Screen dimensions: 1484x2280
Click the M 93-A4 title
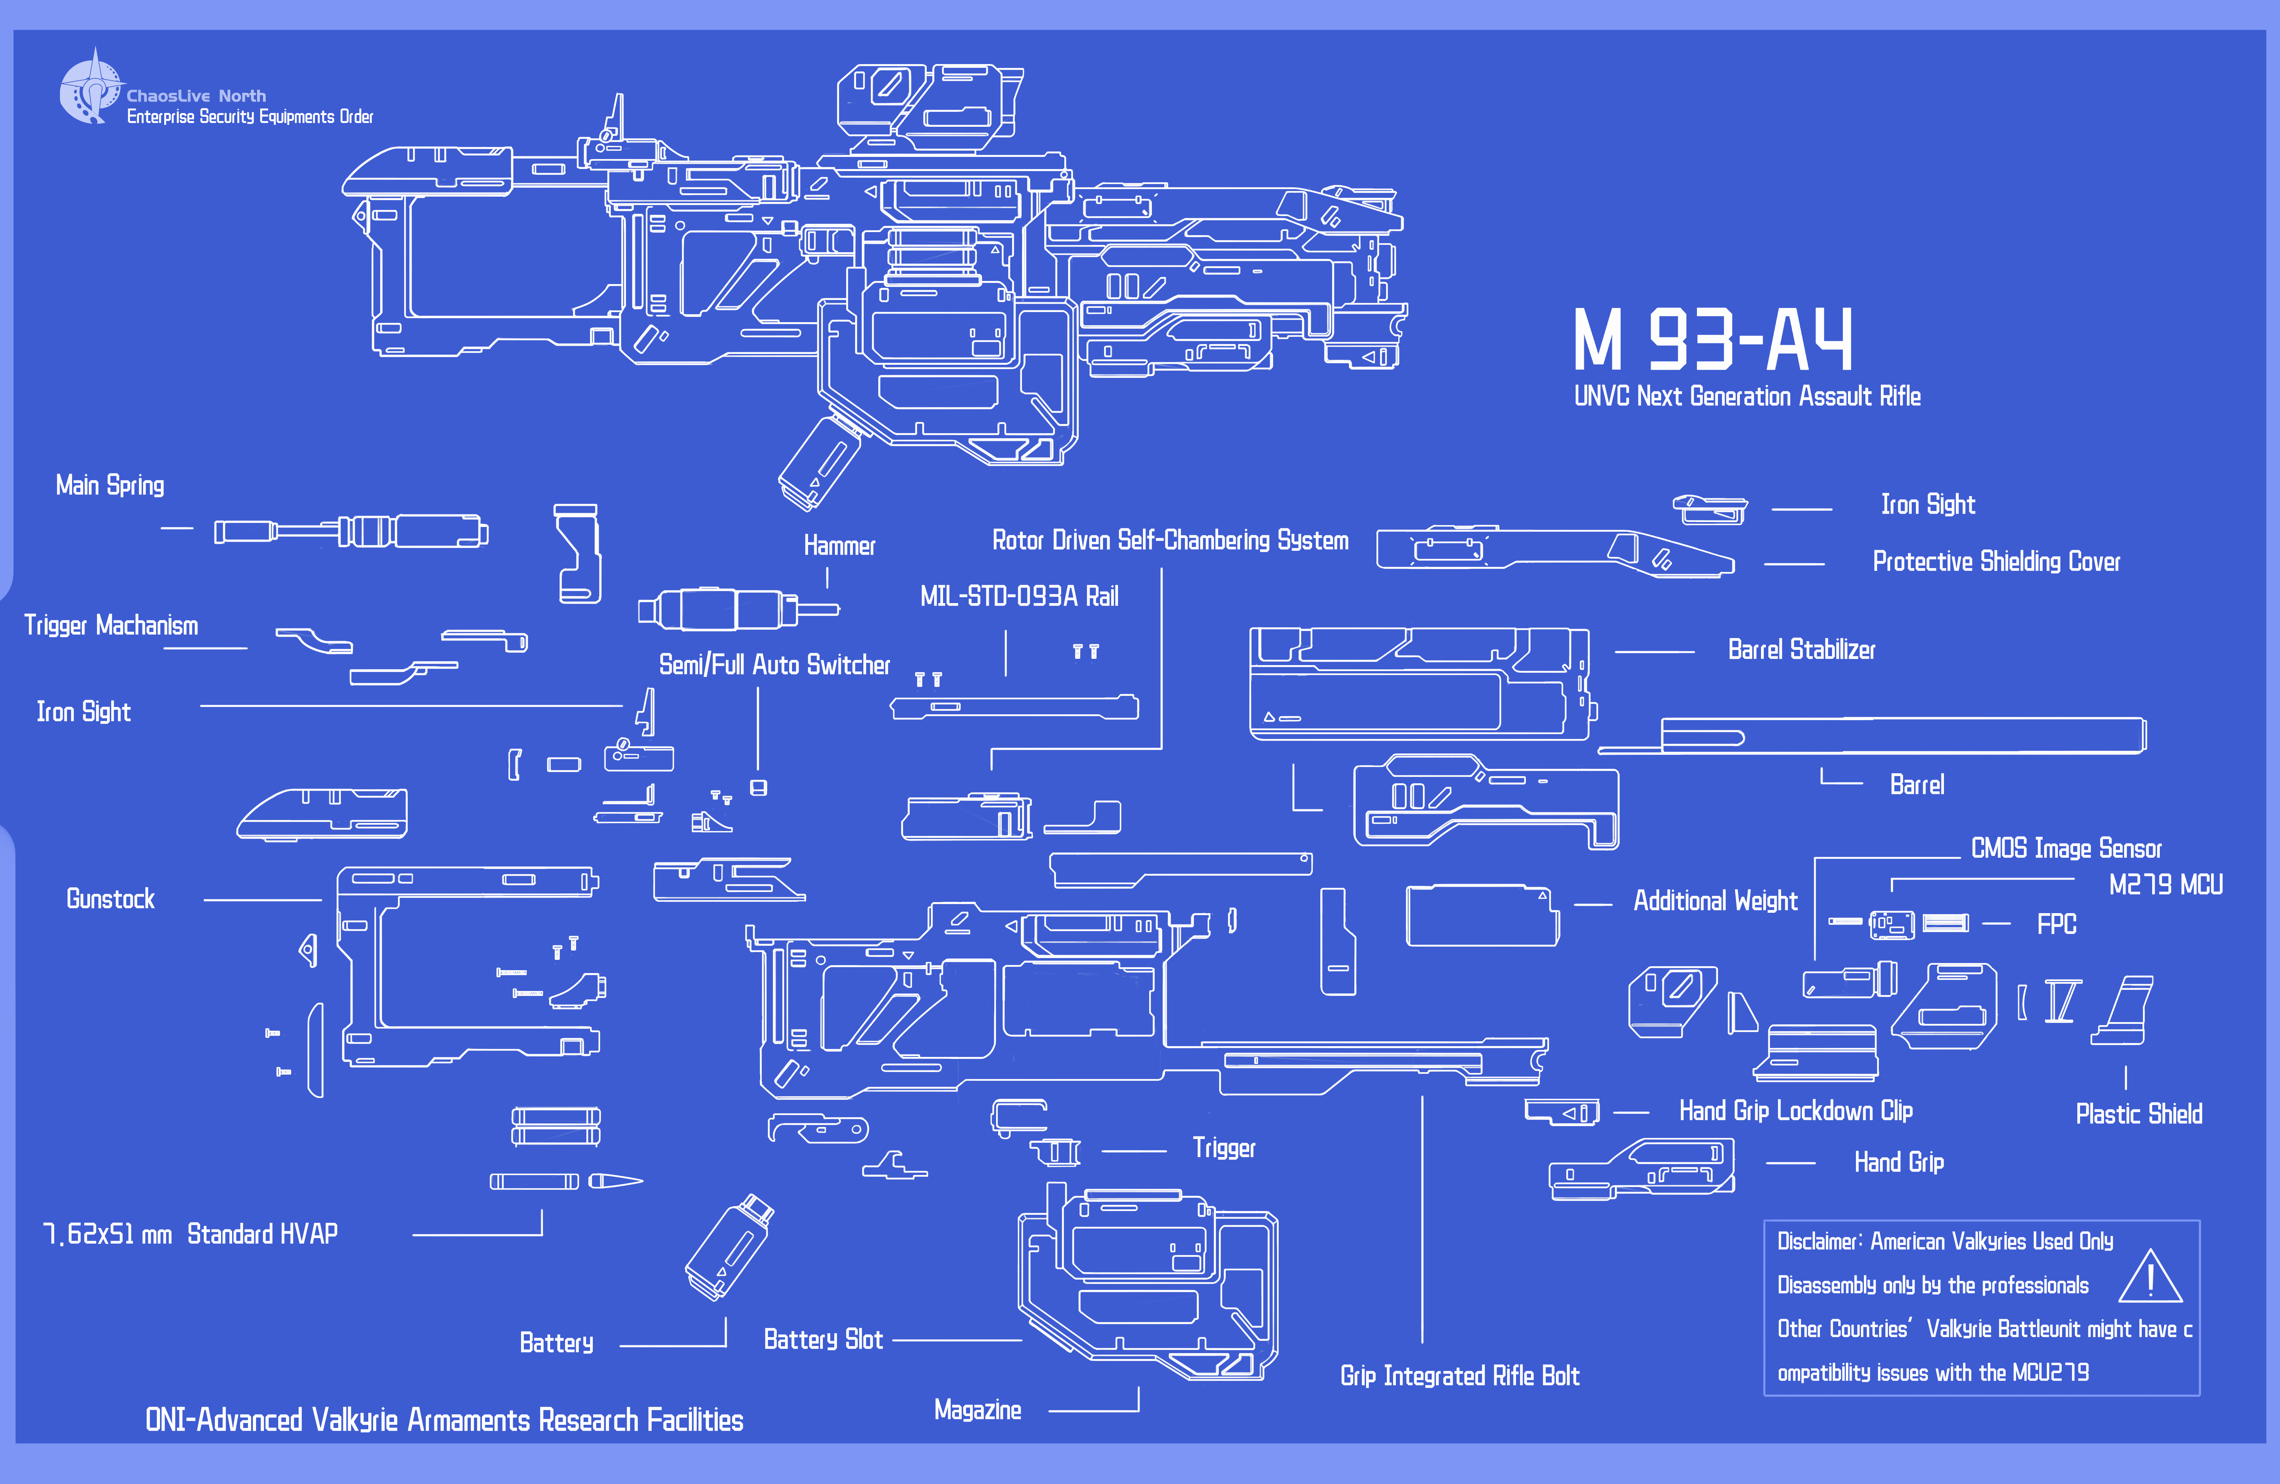point(1713,340)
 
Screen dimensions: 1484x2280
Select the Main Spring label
point(110,486)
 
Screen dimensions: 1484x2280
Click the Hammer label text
point(839,546)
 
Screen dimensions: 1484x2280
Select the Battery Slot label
point(823,1339)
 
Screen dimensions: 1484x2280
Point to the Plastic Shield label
point(2138,1114)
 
